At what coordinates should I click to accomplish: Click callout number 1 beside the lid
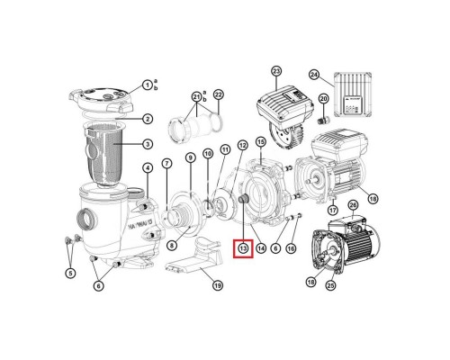(x=146, y=85)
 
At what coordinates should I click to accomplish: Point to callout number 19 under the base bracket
(x=216, y=286)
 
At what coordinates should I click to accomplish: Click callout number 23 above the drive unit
(x=276, y=71)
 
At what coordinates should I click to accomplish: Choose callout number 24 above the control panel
(x=338, y=75)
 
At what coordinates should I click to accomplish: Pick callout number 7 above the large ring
(x=166, y=163)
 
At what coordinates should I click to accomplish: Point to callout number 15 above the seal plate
(x=260, y=142)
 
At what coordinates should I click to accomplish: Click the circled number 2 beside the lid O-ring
(x=147, y=118)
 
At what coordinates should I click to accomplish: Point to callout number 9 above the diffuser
(x=190, y=157)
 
